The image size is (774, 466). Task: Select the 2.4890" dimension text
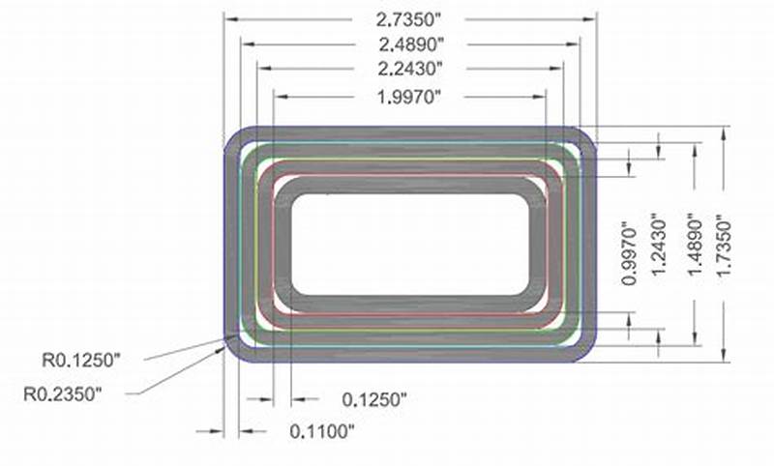pos(411,44)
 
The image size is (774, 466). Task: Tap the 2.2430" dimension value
pos(411,70)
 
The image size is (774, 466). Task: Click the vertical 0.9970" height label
pos(630,248)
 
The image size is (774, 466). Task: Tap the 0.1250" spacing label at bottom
pos(375,399)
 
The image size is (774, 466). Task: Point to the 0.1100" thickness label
pos(322,431)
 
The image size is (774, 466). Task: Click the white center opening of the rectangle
pos(410,245)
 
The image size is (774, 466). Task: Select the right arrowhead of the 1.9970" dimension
pos(543,96)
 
